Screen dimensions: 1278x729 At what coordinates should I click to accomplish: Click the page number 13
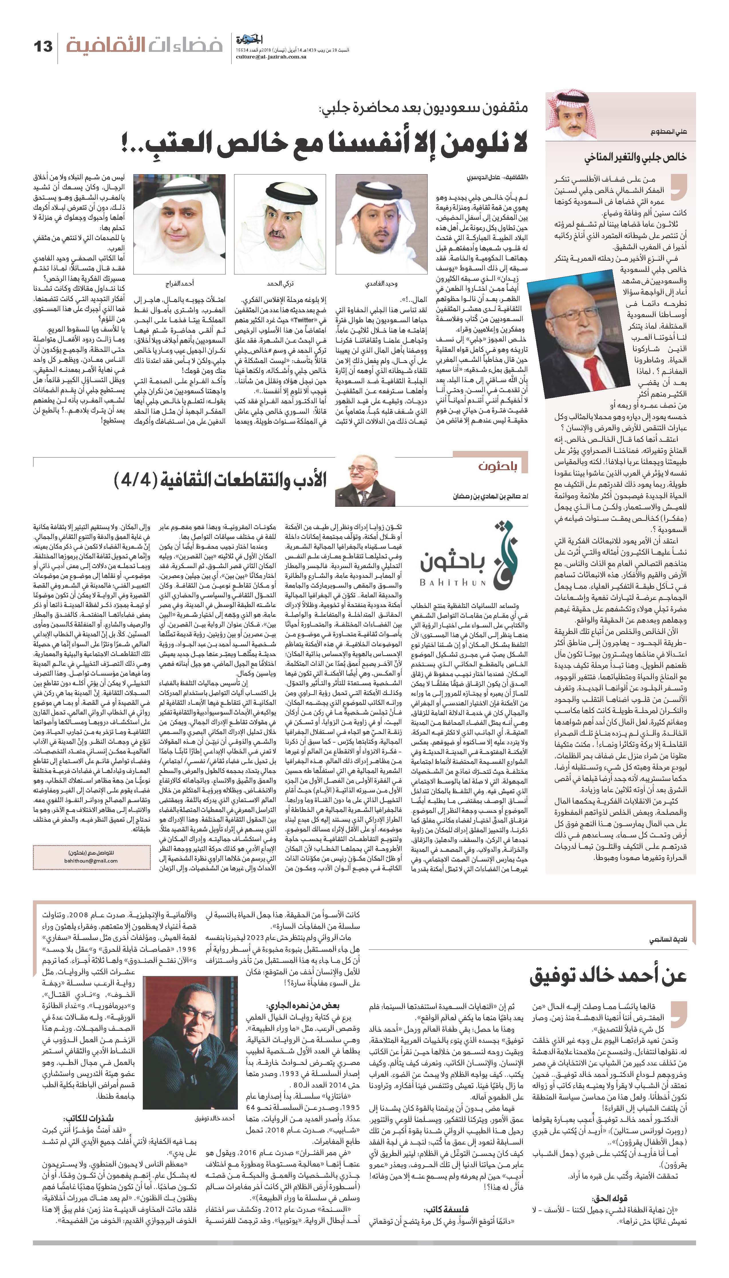point(43,47)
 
